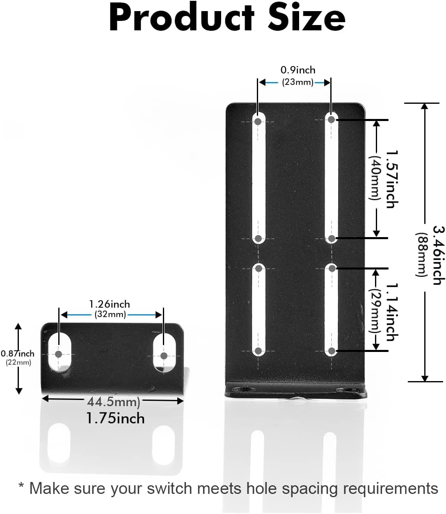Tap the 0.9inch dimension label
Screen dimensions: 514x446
(x=297, y=70)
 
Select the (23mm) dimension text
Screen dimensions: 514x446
(x=297, y=82)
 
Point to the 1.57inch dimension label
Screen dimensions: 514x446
(x=392, y=179)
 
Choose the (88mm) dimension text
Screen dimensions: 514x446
(x=422, y=254)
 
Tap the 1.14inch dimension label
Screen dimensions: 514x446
(x=392, y=312)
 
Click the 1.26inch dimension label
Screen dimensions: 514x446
(x=110, y=304)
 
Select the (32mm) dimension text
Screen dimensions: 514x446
(x=110, y=315)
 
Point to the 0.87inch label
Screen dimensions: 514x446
(x=18, y=354)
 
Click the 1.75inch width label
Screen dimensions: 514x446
(x=115, y=418)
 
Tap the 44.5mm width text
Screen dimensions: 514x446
(x=113, y=402)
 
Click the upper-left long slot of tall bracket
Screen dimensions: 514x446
(x=258, y=178)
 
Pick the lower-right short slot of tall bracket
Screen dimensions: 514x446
(x=332, y=310)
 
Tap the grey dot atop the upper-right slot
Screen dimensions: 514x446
(x=332, y=119)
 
